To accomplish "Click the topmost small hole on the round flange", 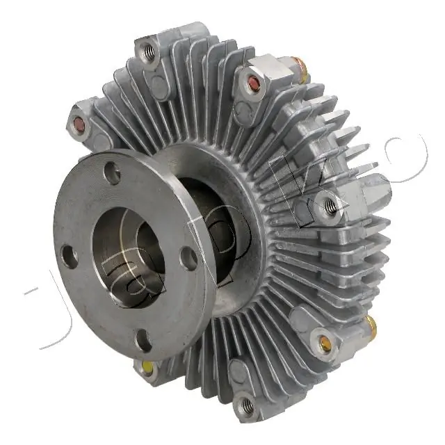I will click(112, 173).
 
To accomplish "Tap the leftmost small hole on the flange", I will click(70, 256).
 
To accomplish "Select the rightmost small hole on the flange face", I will click(188, 258).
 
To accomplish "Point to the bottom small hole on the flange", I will click(143, 341).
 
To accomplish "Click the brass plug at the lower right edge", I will click(371, 323).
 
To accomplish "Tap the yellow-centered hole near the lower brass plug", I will click(324, 341).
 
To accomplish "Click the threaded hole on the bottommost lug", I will click(245, 405).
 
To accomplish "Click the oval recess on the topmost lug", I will click(161, 86).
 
